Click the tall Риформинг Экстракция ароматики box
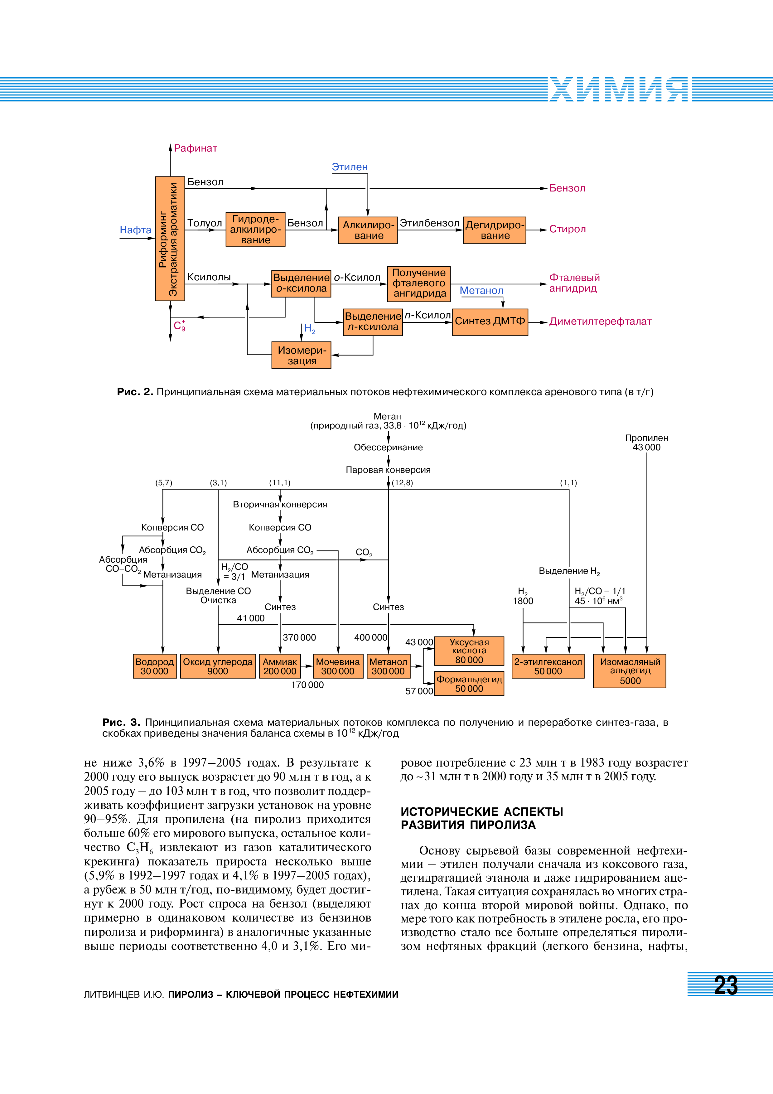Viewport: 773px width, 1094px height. point(170,238)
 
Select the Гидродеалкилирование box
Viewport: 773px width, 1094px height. point(255,229)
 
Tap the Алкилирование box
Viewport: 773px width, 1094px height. point(368,230)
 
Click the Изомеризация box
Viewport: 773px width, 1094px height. point(301,355)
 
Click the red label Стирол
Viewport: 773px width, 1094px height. point(567,229)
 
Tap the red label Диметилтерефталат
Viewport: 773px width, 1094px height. point(600,322)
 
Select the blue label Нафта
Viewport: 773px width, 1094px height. point(135,230)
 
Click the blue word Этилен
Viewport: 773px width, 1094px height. point(350,167)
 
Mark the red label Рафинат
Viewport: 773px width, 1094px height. point(195,148)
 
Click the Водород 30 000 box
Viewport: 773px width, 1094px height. point(154,666)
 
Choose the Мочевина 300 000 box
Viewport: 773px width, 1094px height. point(338,666)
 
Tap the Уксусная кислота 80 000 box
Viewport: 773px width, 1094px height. point(469,651)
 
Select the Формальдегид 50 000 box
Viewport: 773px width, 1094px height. point(469,683)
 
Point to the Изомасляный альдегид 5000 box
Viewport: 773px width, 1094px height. point(629,671)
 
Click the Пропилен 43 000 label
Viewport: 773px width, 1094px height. point(646,442)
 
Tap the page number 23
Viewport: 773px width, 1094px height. point(726,985)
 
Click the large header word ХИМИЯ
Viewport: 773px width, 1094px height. point(618,90)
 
